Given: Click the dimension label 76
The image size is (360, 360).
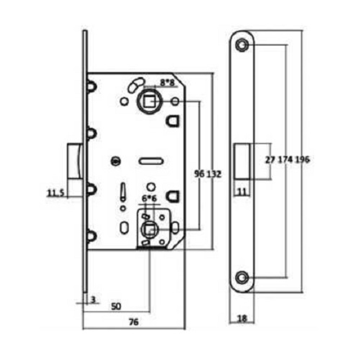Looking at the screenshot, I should pyautogui.click(x=134, y=322).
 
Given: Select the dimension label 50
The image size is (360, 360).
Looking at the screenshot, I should pyautogui.click(x=116, y=306).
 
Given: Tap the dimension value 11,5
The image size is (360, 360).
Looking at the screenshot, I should pyautogui.click(x=55, y=193).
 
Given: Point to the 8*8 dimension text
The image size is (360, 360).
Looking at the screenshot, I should pyautogui.click(x=167, y=83).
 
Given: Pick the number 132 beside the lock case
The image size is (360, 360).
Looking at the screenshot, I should pyautogui.click(x=214, y=174).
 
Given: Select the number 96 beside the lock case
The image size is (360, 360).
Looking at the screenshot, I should pyautogui.click(x=199, y=174).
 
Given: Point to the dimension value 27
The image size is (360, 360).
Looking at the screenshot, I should pyautogui.click(x=270, y=160).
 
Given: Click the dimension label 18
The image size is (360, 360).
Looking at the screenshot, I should pyautogui.click(x=242, y=318).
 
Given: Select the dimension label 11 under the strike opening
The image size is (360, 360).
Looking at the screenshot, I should pyautogui.click(x=244, y=192).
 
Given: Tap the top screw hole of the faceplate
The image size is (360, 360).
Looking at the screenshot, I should pyautogui.click(x=242, y=44).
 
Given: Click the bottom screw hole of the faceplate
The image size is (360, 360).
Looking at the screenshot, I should pyautogui.click(x=242, y=278).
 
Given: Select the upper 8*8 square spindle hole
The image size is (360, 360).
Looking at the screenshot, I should pyautogui.click(x=148, y=102).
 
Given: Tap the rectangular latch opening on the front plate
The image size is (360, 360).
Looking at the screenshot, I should pyautogui.click(x=242, y=161).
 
